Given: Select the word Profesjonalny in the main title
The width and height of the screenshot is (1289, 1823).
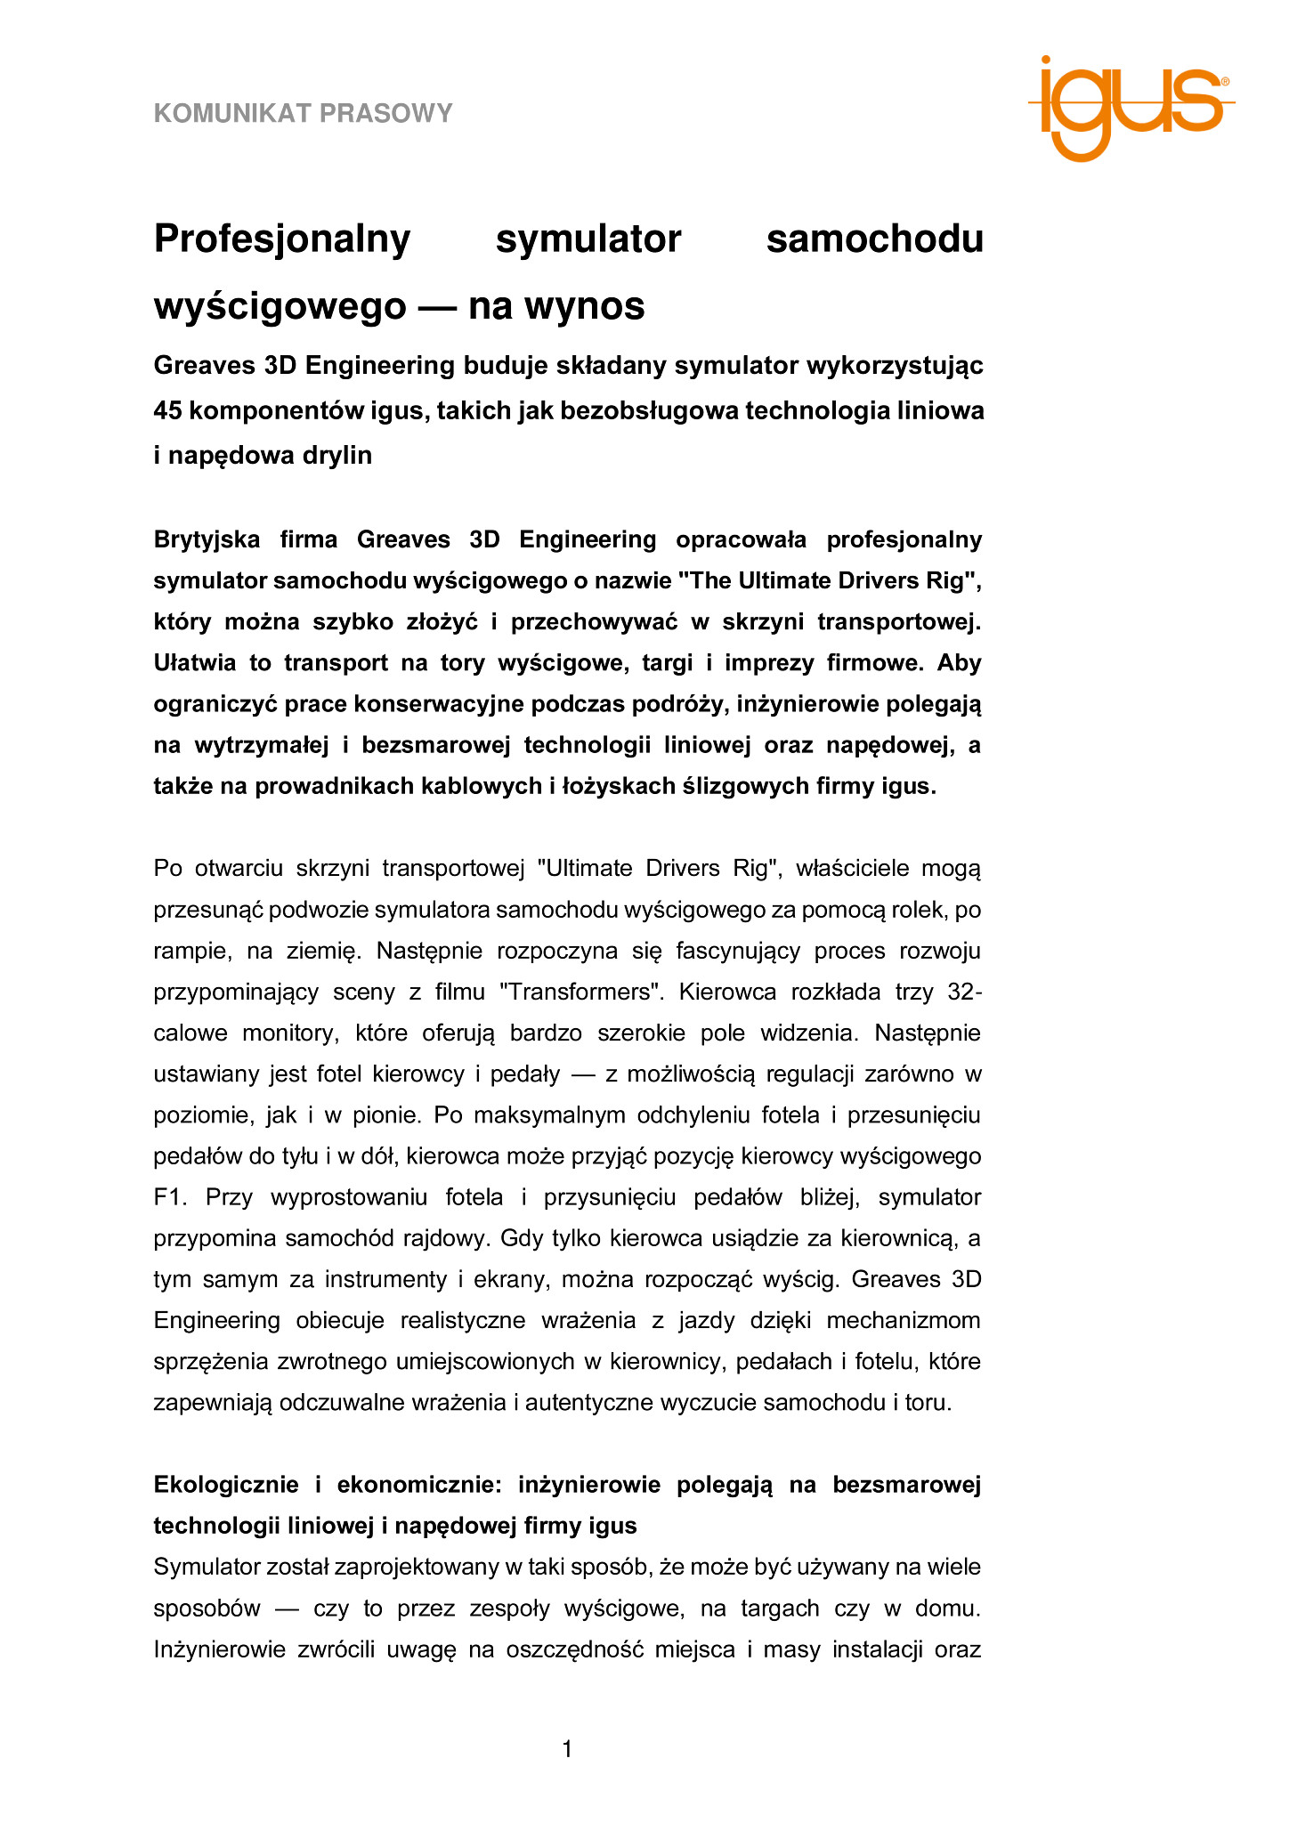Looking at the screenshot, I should click(x=282, y=239).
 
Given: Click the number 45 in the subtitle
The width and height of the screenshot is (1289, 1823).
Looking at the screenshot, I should click(x=167, y=411).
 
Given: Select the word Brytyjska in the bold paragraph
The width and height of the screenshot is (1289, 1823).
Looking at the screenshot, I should click(x=207, y=539).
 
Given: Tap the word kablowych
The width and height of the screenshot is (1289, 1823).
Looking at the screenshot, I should click(x=492, y=786).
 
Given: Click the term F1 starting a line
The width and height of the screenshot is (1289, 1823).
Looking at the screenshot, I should click(x=167, y=1197).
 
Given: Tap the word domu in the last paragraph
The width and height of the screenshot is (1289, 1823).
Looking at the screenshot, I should click(x=949, y=1608).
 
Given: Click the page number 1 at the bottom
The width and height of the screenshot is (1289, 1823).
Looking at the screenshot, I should click(x=567, y=1750).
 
